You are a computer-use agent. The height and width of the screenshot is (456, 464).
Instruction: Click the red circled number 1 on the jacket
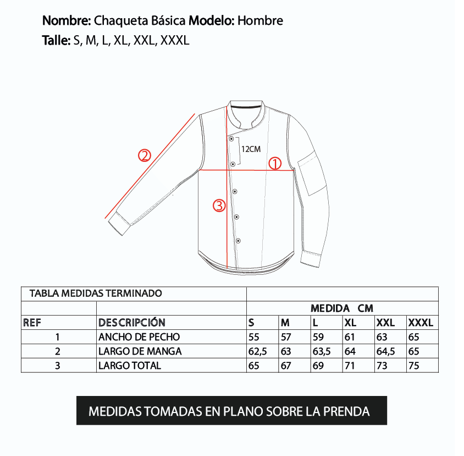tap(274, 163)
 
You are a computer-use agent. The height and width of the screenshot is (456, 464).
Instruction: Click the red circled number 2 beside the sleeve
tap(144, 156)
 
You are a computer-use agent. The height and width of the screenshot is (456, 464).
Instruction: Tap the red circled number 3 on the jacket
tap(219, 206)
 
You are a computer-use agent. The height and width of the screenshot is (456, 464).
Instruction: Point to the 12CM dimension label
tap(251, 149)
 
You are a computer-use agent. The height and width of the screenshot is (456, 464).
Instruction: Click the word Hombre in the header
tap(261, 21)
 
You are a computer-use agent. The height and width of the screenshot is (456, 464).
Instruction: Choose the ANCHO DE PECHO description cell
tap(139, 337)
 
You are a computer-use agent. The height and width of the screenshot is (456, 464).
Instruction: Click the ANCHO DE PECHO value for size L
tap(318, 337)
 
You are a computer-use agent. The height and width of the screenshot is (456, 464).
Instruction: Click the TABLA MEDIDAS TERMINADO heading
tap(96, 294)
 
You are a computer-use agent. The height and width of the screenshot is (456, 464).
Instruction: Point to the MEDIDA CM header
tap(341, 308)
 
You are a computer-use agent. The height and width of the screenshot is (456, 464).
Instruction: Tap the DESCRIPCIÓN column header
tap(131, 323)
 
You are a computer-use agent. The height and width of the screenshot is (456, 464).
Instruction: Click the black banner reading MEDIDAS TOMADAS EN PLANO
tap(231, 411)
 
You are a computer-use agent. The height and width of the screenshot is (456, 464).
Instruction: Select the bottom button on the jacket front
tap(238, 241)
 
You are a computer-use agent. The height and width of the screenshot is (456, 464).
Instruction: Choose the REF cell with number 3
tap(57, 366)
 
